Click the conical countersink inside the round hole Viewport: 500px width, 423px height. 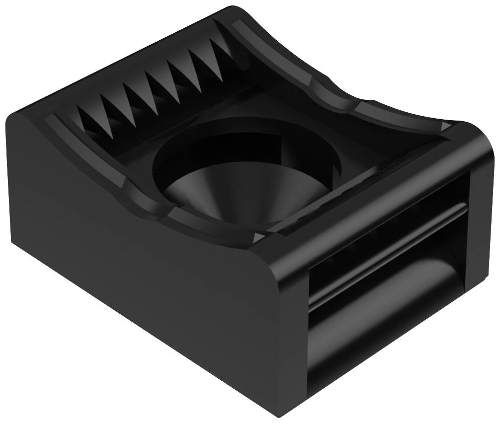pos(219,196)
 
